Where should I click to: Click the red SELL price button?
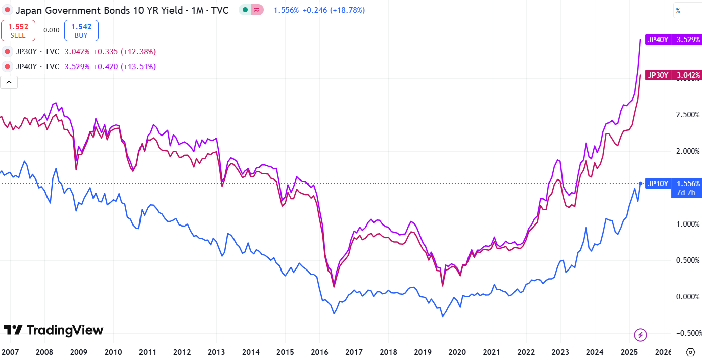(x=18, y=31)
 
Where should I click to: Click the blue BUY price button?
(x=81, y=31)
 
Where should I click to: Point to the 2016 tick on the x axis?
(x=319, y=352)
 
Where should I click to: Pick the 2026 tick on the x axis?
(x=663, y=352)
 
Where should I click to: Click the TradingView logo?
(x=53, y=330)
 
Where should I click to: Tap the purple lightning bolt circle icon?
(x=640, y=334)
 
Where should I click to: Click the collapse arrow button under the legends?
(x=9, y=82)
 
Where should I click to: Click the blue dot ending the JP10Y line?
(x=640, y=184)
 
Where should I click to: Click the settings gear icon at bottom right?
(x=690, y=352)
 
